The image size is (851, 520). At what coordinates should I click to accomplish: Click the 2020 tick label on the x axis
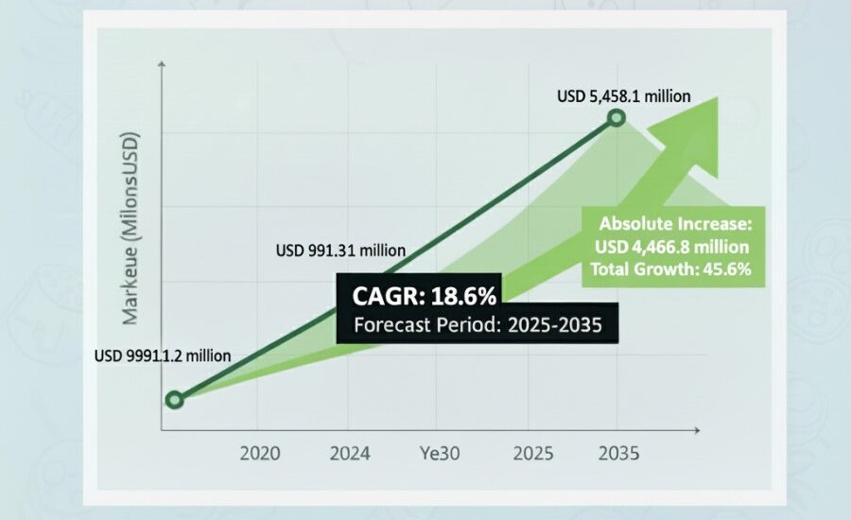[260, 453]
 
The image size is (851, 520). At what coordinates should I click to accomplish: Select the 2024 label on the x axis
[349, 453]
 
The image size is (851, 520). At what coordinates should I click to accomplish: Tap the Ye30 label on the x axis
[440, 453]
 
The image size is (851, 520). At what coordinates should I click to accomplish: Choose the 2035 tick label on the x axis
[618, 453]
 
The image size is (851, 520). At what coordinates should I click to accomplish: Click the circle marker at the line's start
[173, 400]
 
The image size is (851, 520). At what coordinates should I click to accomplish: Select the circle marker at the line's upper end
[617, 118]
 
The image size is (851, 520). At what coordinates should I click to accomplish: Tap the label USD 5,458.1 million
[623, 95]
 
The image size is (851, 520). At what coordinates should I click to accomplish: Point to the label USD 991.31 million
[340, 251]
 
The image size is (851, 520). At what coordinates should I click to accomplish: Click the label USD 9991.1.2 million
[163, 356]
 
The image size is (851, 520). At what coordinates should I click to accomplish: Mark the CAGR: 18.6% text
[425, 297]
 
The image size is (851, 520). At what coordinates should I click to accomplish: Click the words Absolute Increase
[674, 225]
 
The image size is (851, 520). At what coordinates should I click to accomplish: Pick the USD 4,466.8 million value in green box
[674, 247]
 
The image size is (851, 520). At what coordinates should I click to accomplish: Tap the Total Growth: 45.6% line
[671, 269]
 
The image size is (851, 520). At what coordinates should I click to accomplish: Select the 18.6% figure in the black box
[464, 297]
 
